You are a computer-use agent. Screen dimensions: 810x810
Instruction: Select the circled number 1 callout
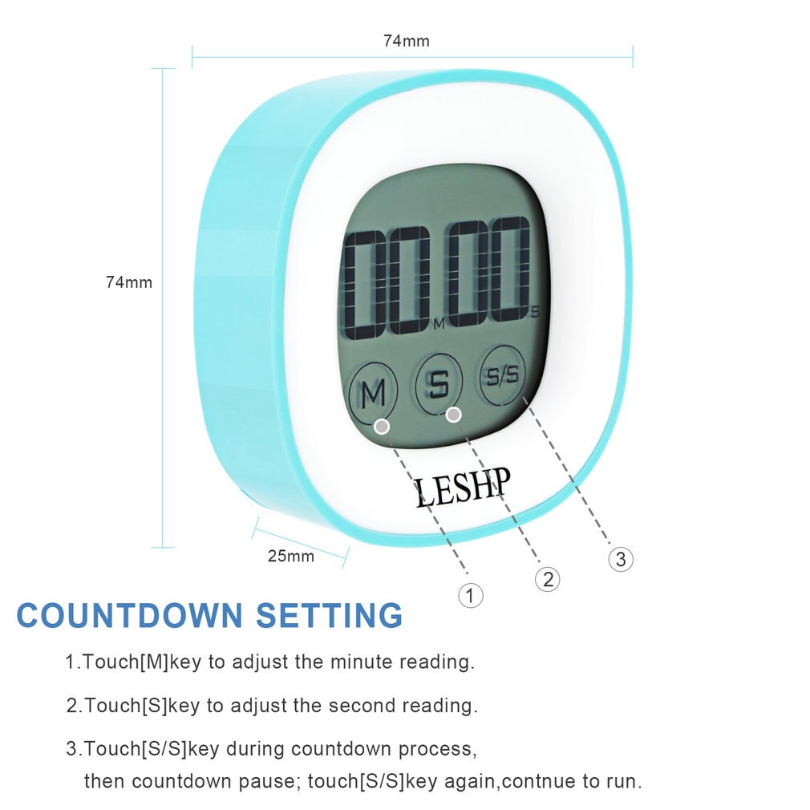(x=471, y=595)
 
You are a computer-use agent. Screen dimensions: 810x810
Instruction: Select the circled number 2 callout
(x=548, y=579)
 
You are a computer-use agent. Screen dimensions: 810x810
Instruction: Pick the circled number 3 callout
(x=621, y=559)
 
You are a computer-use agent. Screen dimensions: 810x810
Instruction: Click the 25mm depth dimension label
(x=290, y=555)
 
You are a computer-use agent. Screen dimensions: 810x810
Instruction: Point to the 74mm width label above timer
(x=406, y=41)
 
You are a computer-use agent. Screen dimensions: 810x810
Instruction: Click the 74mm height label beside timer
(x=129, y=282)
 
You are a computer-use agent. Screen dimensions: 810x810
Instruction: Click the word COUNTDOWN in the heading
(x=129, y=616)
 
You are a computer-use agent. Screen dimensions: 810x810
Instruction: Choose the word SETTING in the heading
(x=330, y=616)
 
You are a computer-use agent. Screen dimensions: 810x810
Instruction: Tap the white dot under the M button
(x=383, y=426)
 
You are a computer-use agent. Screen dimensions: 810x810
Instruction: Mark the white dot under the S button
(x=454, y=414)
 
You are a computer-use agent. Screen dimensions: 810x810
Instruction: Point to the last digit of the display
(x=510, y=271)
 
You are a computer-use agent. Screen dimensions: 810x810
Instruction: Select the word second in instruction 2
(x=362, y=706)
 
